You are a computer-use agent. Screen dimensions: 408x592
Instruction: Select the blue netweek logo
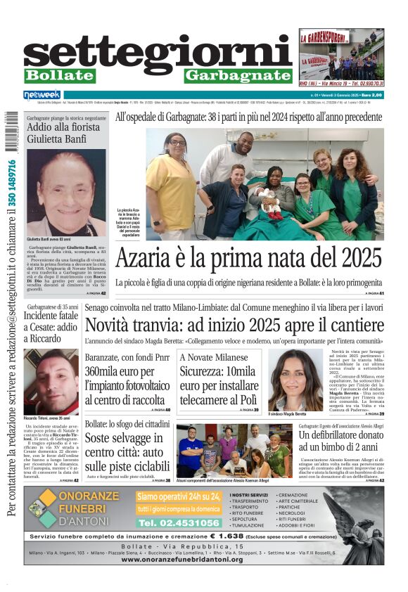coord(43,95)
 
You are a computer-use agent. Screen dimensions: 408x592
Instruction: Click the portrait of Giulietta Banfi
coord(66,192)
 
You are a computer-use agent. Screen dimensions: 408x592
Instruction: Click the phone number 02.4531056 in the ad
coord(179,523)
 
